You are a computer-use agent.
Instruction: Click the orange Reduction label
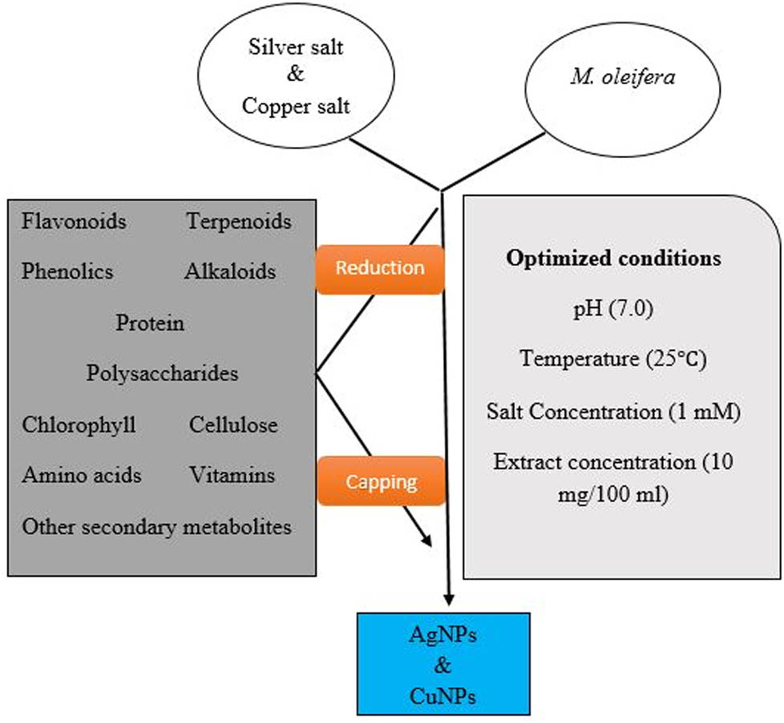click(380, 268)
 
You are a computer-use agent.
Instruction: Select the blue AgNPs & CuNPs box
click(443, 663)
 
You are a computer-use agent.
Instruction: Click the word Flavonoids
click(75, 221)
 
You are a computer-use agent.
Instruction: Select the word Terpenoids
click(239, 221)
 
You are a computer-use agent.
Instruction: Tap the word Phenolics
click(68, 271)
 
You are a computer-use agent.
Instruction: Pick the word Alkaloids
click(230, 271)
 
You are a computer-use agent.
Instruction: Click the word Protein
click(150, 323)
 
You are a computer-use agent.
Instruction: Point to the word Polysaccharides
click(163, 373)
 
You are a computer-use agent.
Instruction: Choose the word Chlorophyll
click(79, 424)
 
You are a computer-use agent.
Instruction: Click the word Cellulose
click(233, 424)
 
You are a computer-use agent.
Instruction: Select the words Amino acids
click(82, 475)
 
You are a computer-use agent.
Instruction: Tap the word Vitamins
click(232, 475)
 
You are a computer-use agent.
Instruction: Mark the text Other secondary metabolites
click(156, 526)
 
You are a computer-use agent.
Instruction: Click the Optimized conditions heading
click(613, 259)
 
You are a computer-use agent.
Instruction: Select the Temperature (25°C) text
click(612, 359)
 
